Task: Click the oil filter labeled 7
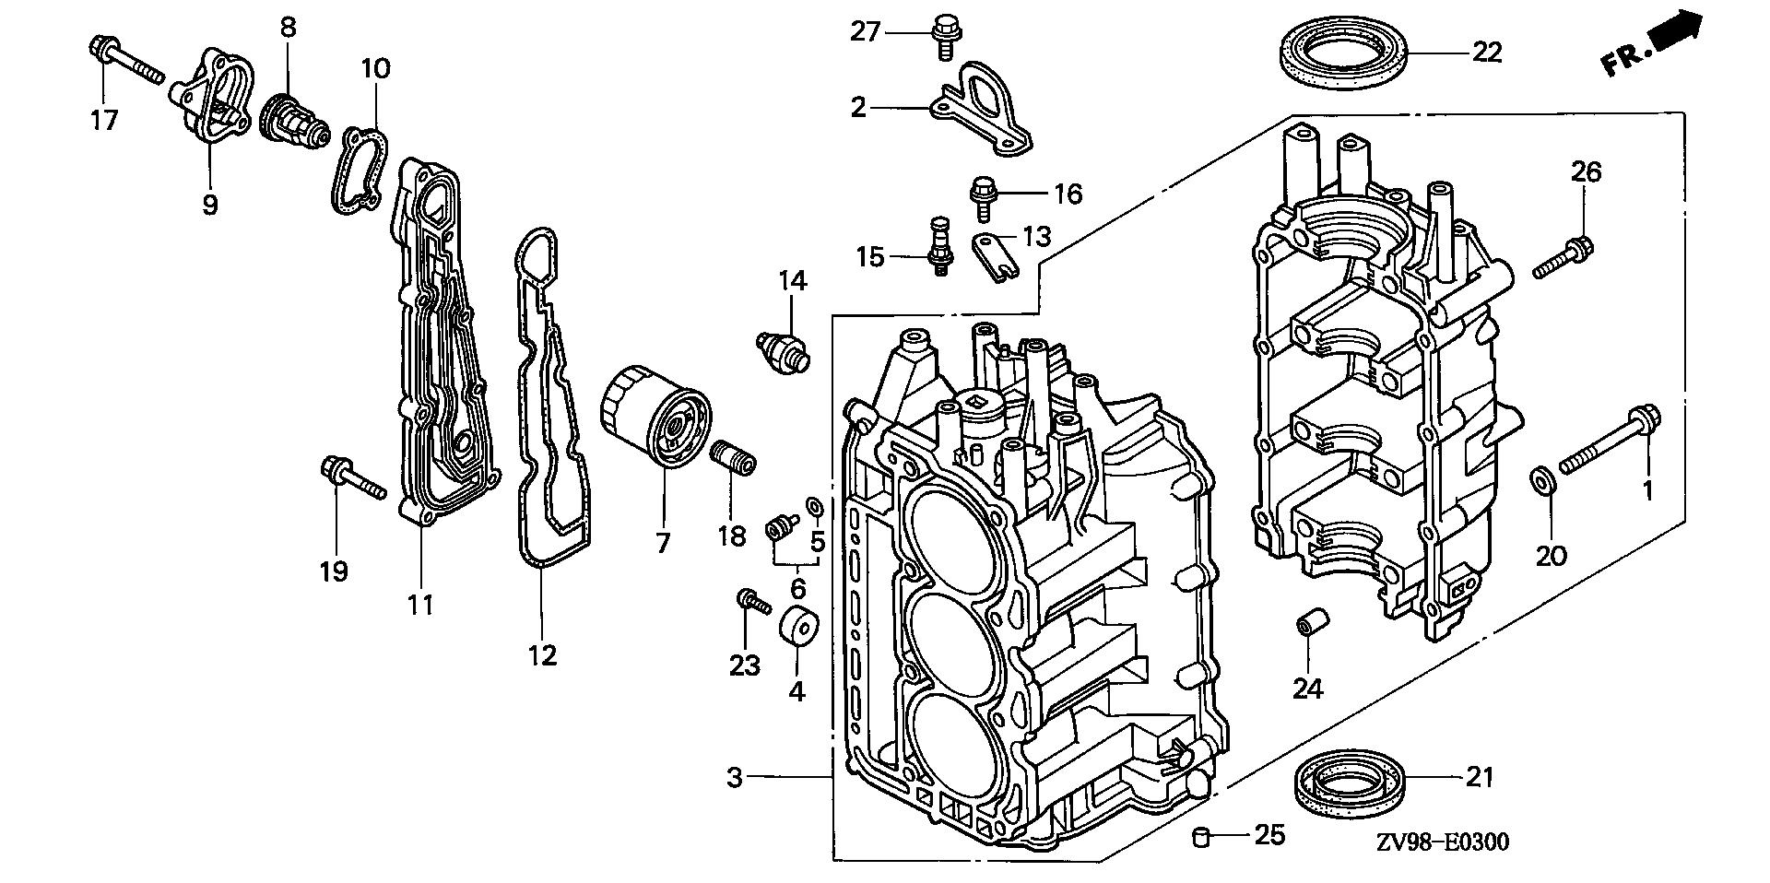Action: pos(655,419)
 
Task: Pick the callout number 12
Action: pos(543,655)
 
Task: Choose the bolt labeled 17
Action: pos(125,58)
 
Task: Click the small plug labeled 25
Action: pos(1201,836)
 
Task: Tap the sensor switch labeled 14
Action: pos(784,349)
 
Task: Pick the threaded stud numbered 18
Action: pos(734,457)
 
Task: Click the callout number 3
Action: pos(734,778)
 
